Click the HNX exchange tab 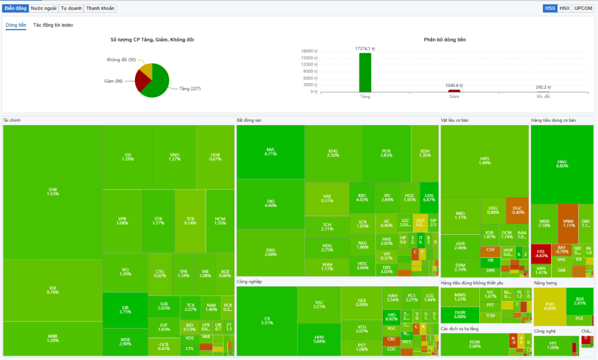coord(564,8)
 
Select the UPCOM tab coord(583,8)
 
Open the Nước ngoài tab coord(44,8)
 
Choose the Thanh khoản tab coord(101,8)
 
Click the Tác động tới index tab coord(53,25)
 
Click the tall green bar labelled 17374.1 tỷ coord(365,72)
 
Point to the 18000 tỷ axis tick coord(310,51)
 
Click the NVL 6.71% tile coord(270,151)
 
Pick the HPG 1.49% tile coord(485,161)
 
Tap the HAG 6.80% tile coord(562,164)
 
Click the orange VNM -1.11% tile coord(568,223)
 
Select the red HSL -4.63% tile coord(541,254)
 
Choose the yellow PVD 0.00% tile coord(550,306)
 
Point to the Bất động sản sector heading coord(249,120)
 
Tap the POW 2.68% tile coord(474,344)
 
